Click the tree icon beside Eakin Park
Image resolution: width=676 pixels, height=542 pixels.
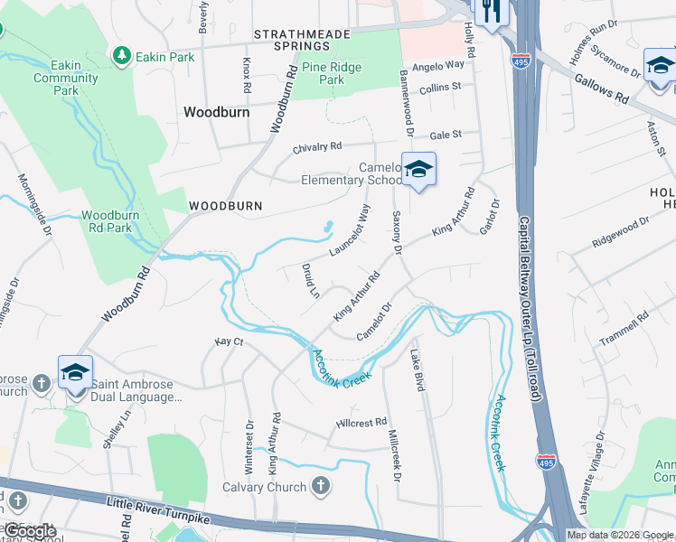121,56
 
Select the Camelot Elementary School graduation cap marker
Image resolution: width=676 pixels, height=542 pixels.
418,169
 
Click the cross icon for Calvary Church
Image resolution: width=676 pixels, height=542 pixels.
320,487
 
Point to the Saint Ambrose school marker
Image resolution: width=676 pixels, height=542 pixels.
76,371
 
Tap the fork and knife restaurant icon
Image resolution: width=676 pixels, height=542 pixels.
492,11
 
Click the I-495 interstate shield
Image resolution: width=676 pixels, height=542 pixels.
545,463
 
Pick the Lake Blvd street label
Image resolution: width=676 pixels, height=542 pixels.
418,369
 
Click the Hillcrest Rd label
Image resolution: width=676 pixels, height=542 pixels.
361,422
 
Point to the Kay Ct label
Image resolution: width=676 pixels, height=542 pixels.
229,341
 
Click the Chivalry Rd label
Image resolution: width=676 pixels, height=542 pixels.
317,146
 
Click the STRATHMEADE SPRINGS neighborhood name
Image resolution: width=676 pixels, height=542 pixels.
292,40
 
